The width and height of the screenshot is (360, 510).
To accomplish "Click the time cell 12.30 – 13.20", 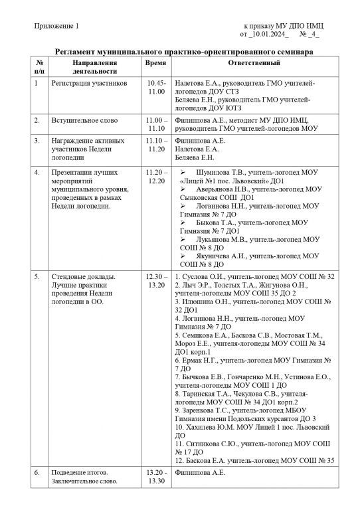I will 156,280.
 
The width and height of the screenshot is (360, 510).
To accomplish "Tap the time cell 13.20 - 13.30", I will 156,477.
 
